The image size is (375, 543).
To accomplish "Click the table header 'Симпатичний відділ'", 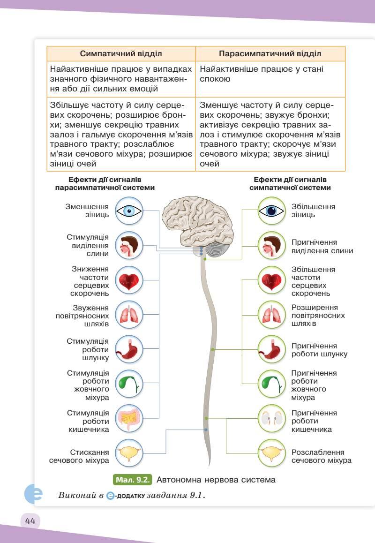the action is tap(121, 53).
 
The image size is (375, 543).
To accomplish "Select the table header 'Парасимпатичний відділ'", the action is tap(270, 53).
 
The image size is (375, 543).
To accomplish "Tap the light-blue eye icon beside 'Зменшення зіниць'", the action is tap(129, 211).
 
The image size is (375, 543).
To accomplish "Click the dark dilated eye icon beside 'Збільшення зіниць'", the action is tap(271, 211).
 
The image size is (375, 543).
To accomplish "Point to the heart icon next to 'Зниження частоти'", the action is tap(129, 281).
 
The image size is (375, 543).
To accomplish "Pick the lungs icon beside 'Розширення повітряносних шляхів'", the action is tap(271, 315).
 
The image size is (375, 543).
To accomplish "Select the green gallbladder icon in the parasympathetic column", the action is tap(129, 384).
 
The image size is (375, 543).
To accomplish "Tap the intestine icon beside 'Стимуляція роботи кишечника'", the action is tap(129, 418).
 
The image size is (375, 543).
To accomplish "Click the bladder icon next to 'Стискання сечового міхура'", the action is tap(129, 453).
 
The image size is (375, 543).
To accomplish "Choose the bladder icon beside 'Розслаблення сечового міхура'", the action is tap(271, 453).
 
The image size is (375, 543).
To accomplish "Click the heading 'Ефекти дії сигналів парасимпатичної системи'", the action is tap(105, 183).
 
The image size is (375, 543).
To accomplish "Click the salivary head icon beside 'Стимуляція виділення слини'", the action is tap(129, 245).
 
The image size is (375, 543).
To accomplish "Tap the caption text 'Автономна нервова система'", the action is tap(216, 480).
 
